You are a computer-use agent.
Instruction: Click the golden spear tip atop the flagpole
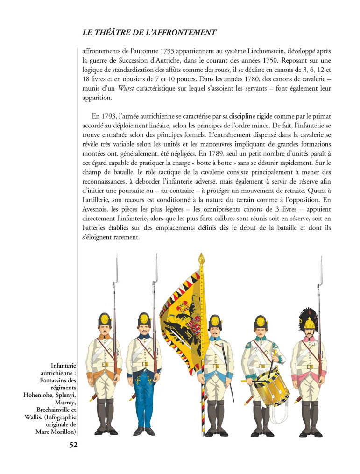[x=201, y=258]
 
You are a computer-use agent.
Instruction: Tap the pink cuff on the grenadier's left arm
[x=323, y=375]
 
